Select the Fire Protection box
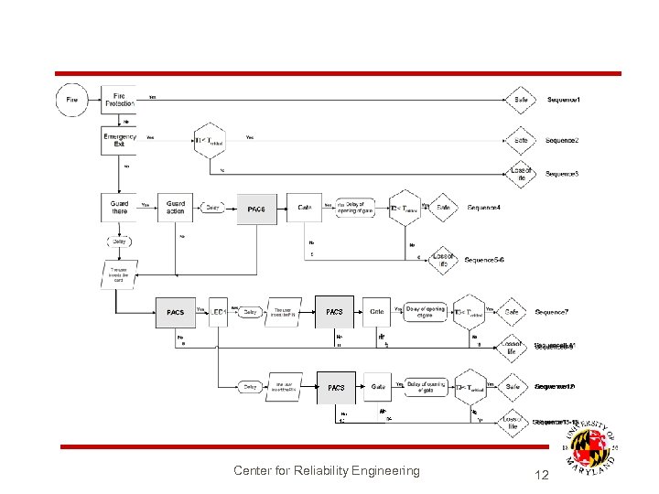pos(119,99)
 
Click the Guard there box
pos(119,206)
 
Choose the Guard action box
pos(175,206)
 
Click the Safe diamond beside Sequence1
pos(521,99)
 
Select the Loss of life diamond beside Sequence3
pos(521,173)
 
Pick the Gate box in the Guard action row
pos(305,208)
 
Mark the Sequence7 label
pos(552,312)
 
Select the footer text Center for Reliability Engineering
pos(326,471)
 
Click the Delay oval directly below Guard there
pos(119,242)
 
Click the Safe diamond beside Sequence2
pos(521,140)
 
